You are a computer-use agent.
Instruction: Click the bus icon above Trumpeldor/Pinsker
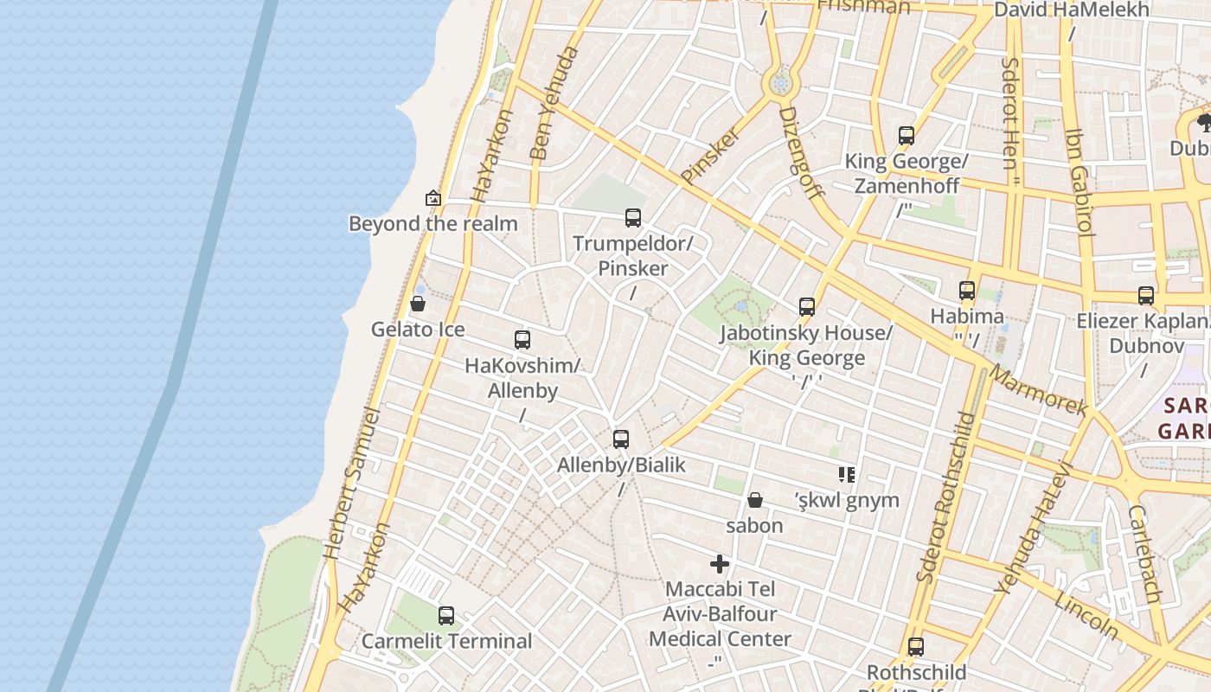(x=633, y=218)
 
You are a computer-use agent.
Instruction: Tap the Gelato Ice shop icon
(x=418, y=304)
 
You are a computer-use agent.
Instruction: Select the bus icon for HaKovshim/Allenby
(x=522, y=340)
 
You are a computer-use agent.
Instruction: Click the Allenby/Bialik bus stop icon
(x=621, y=439)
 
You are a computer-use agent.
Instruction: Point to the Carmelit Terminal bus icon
(x=446, y=616)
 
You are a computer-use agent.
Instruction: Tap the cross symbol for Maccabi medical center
(x=720, y=564)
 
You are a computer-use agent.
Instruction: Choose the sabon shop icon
(x=755, y=500)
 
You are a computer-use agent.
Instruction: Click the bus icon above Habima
(x=967, y=291)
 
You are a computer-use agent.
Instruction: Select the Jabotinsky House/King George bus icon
(x=807, y=307)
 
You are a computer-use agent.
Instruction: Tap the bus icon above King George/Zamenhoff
(x=907, y=136)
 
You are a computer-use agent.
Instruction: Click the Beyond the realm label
(x=432, y=224)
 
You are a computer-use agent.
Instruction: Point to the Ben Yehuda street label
(x=553, y=104)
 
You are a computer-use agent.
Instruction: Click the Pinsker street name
(x=711, y=156)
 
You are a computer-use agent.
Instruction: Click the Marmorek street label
(x=1037, y=391)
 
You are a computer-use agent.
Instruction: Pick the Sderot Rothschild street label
(x=945, y=497)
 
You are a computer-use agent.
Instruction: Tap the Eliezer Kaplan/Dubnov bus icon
(x=1146, y=296)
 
